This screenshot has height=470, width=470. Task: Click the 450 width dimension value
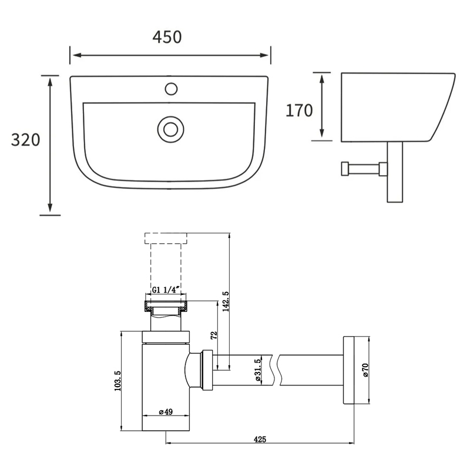[x=167, y=36]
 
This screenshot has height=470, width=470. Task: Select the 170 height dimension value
[x=299, y=110]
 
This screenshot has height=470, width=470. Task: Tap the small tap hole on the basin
[x=171, y=89]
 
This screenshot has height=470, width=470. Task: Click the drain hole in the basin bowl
[x=170, y=128]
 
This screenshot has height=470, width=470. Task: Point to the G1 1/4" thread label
[x=167, y=290]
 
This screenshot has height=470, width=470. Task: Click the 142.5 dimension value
[x=225, y=301]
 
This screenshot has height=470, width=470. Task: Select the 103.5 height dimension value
[x=117, y=381]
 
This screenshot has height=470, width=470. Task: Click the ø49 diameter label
[x=166, y=412]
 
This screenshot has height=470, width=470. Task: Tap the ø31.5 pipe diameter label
[x=257, y=371]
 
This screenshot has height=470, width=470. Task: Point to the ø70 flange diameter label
[x=365, y=370]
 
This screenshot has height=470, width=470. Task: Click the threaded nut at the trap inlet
[x=166, y=305]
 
